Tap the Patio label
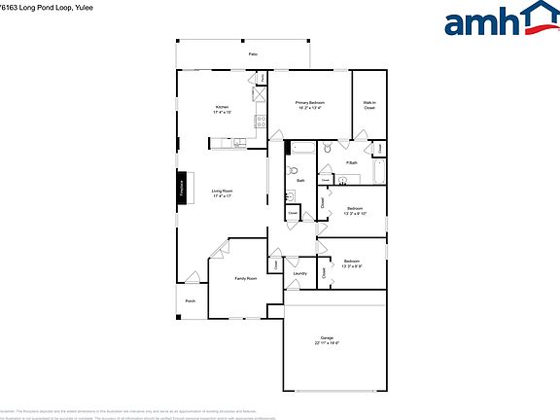click(253, 54)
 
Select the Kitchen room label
click(222, 107)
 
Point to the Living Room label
click(222, 191)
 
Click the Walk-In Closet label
click(369, 104)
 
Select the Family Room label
click(245, 278)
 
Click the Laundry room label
click(299, 273)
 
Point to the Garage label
click(327, 337)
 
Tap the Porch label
click(191, 300)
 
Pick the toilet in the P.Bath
click(329, 149)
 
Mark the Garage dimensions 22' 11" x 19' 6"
click(327, 343)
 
